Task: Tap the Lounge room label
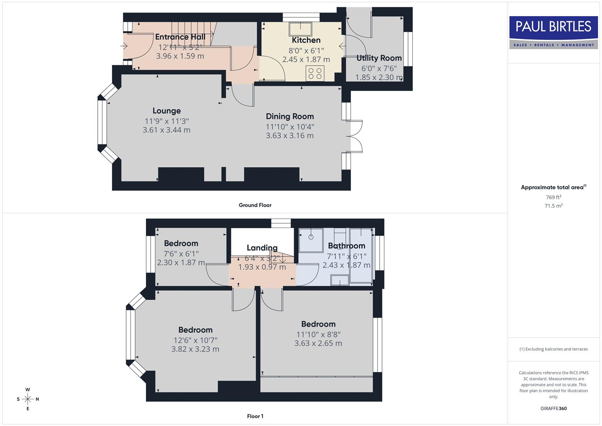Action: click(166, 111)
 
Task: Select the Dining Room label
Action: click(290, 116)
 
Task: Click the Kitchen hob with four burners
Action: click(315, 73)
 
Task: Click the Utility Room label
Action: click(379, 58)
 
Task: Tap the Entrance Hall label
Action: click(180, 37)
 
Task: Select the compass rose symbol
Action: click(28, 399)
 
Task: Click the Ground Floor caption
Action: click(255, 205)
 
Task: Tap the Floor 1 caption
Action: click(255, 416)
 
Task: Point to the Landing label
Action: click(262, 248)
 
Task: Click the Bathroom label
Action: click(347, 246)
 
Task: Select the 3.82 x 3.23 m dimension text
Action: click(195, 349)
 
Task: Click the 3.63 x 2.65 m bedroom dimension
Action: click(318, 343)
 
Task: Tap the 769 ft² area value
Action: click(554, 197)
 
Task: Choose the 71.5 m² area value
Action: click(554, 206)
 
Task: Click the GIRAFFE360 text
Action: click(554, 409)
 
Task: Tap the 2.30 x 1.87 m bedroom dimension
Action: click(181, 263)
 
